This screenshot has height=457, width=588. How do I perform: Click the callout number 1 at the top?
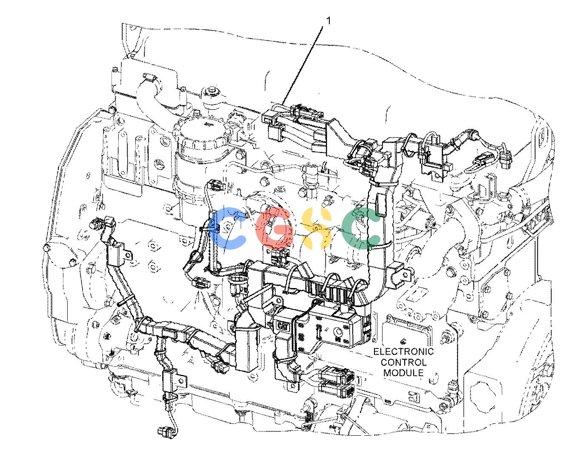[328, 21]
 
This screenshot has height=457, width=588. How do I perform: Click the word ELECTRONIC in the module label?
[403, 351]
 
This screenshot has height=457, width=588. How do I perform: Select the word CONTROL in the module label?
[403, 362]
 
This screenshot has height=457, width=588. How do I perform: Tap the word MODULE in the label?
[403, 373]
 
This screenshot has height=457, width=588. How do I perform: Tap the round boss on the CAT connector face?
[338, 331]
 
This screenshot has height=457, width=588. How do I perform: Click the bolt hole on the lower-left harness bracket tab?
[182, 381]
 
